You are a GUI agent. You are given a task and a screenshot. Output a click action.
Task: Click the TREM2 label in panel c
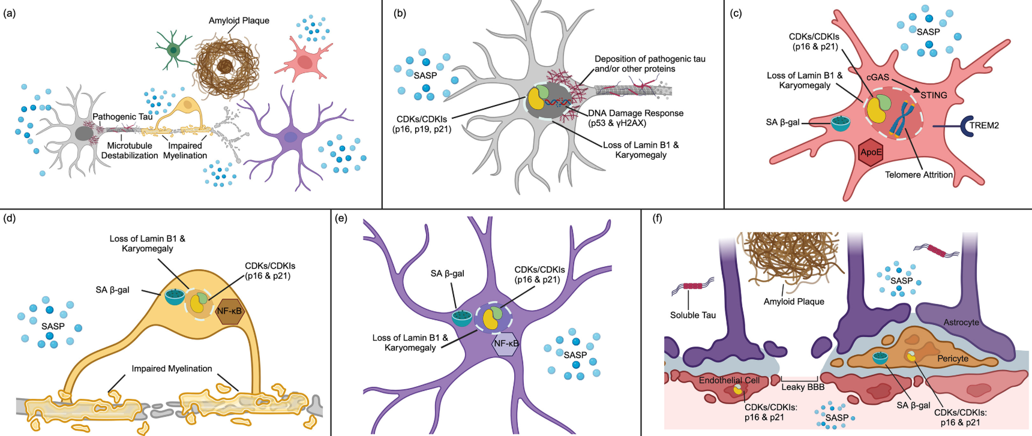[x=985, y=125]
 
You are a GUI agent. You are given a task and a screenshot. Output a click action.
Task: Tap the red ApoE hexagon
[x=871, y=152]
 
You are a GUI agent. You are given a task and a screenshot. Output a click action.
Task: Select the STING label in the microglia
[x=934, y=95]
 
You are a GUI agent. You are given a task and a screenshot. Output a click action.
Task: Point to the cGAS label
[x=878, y=77]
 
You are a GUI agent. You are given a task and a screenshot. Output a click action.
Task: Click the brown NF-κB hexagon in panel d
[x=229, y=311]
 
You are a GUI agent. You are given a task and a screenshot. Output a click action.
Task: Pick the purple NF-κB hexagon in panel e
[x=505, y=344]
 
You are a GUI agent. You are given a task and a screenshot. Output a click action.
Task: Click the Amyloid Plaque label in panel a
[x=239, y=20]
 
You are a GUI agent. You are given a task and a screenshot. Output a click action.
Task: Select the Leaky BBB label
[x=803, y=387]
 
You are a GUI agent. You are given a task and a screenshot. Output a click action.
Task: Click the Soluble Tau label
[x=693, y=315]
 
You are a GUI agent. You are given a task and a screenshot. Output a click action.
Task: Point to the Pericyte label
[x=953, y=359]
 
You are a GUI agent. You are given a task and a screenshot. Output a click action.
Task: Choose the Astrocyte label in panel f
[x=961, y=322]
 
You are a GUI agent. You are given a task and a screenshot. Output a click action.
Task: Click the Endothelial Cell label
[x=729, y=380]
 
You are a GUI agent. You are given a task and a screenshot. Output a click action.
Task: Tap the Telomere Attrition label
[x=919, y=175]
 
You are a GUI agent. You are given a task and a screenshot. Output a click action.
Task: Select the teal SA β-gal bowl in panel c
[x=840, y=124]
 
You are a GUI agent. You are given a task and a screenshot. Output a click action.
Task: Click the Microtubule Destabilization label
[x=130, y=151]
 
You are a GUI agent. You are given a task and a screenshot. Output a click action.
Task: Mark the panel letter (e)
[x=341, y=218]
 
